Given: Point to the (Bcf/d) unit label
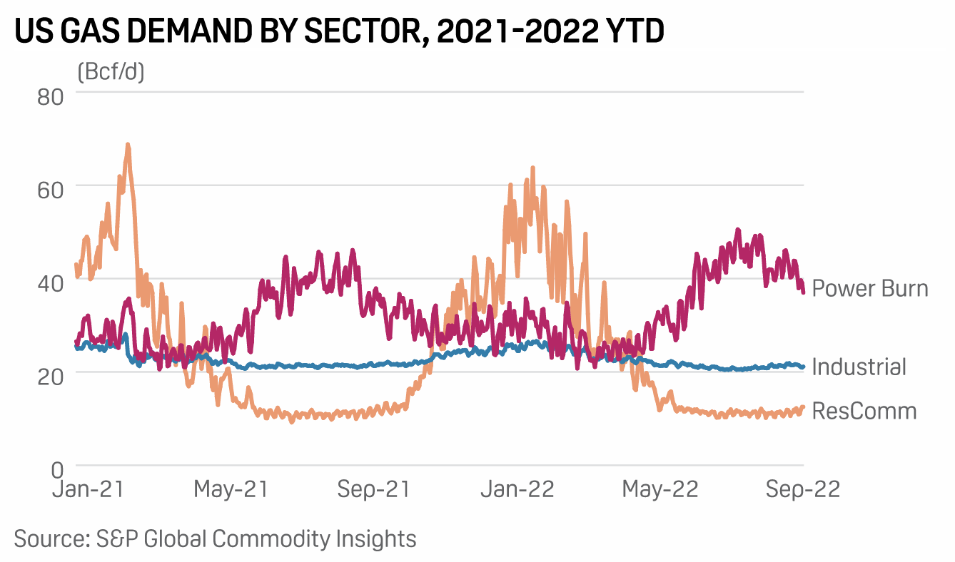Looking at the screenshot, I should (110, 72).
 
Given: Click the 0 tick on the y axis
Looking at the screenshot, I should (58, 469).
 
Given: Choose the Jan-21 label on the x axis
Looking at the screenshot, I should (89, 490).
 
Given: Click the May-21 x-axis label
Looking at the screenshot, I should (231, 490).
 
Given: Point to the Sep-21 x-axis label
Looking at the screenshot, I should (374, 490).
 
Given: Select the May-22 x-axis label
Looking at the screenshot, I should (661, 490).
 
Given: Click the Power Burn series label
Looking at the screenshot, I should (871, 289).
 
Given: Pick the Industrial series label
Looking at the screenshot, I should (859, 367).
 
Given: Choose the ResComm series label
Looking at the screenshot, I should (864, 411).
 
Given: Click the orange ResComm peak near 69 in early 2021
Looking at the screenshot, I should (128, 145).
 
